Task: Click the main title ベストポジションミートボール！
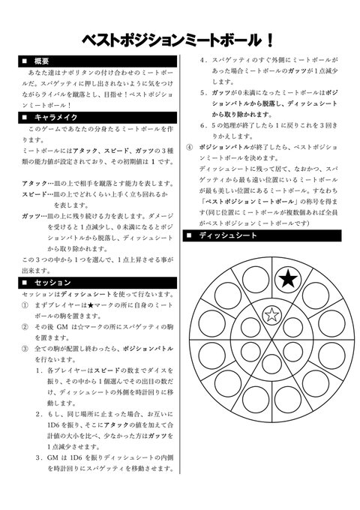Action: (x=180, y=38)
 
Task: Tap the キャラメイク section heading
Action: (x=53, y=117)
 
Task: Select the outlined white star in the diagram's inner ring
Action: (x=271, y=313)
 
